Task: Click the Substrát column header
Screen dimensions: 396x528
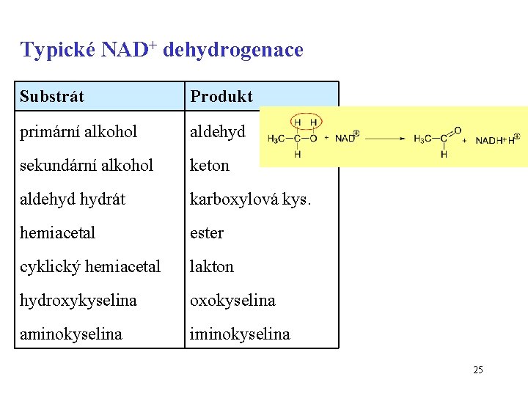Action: point(52,96)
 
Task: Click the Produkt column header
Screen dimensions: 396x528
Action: point(221,96)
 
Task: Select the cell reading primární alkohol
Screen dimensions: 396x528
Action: point(78,131)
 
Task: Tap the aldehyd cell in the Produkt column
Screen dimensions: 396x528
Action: point(218,131)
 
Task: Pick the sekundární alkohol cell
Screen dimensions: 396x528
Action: point(87,165)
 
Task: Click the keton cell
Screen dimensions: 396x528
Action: point(210,165)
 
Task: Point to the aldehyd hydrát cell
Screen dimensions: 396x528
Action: point(73,199)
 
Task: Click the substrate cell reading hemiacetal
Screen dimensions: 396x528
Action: point(58,232)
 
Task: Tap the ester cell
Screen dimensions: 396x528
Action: point(207,232)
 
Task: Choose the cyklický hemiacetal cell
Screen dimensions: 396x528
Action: point(90,266)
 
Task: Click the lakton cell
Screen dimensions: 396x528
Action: point(212,266)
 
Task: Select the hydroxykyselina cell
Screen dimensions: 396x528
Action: point(78,300)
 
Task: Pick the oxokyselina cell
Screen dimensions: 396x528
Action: point(232,300)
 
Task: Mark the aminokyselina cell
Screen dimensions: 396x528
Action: point(71,334)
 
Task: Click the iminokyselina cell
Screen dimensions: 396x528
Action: point(240,334)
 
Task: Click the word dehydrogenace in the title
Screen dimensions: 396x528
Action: point(232,50)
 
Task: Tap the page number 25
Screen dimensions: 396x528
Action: point(478,370)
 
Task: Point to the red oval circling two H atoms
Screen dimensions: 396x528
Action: point(307,122)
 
